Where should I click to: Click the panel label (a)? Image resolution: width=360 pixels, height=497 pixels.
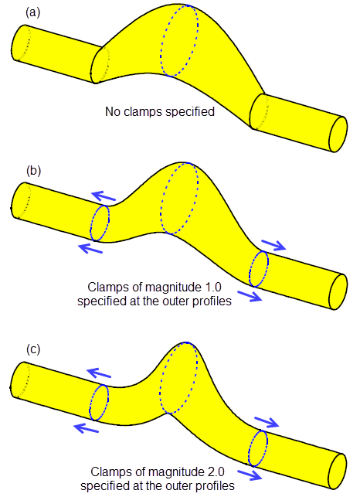(33, 12)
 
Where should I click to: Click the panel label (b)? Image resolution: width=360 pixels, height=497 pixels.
(33, 171)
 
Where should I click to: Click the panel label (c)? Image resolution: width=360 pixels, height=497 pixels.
(33, 349)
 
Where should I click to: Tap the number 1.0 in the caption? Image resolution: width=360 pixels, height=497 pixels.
(212, 288)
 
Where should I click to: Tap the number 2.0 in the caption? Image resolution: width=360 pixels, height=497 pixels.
(216, 471)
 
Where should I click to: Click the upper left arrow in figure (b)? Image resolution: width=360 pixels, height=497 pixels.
(104, 196)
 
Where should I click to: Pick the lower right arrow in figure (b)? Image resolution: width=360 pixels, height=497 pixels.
(250, 296)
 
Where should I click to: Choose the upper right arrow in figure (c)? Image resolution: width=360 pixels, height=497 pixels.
(267, 422)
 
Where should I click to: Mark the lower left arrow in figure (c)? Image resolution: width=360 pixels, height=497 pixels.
(86, 428)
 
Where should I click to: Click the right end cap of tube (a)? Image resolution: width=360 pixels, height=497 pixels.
(338, 134)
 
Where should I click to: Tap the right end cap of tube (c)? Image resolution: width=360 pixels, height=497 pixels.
(338, 471)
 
